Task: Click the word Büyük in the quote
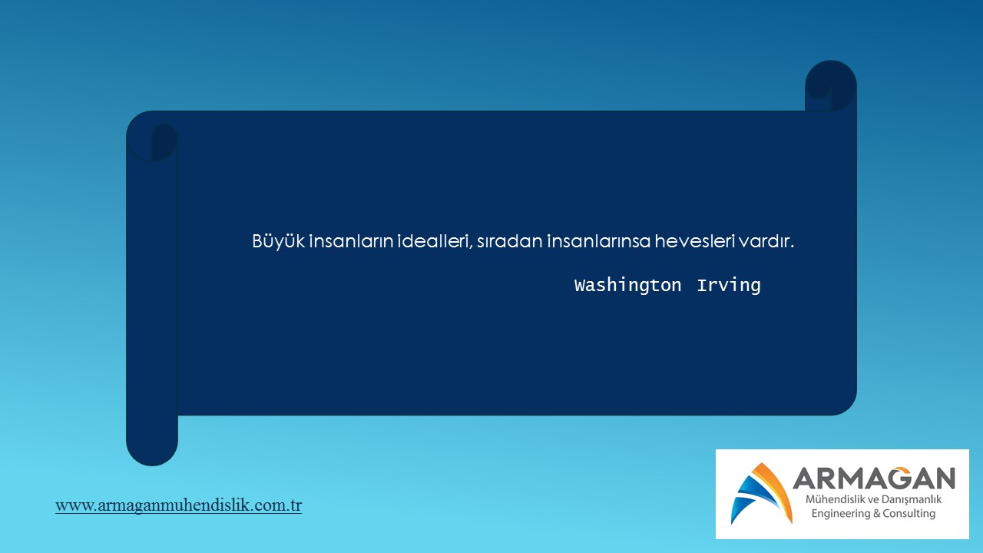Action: [x=278, y=241]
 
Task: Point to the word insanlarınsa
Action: [x=598, y=241]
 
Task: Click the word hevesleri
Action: [x=695, y=241]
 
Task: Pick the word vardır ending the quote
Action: [x=766, y=241]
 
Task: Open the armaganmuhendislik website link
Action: [x=179, y=505]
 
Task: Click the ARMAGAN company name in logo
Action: [x=874, y=478]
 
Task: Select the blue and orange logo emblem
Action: [x=761, y=493]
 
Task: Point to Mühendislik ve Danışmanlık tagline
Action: [x=873, y=499]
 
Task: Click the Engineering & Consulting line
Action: [x=873, y=514]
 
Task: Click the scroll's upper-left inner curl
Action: [x=164, y=142]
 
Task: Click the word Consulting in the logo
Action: [x=909, y=514]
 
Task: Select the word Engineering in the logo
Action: [x=840, y=514]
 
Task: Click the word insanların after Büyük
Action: [x=351, y=241]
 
